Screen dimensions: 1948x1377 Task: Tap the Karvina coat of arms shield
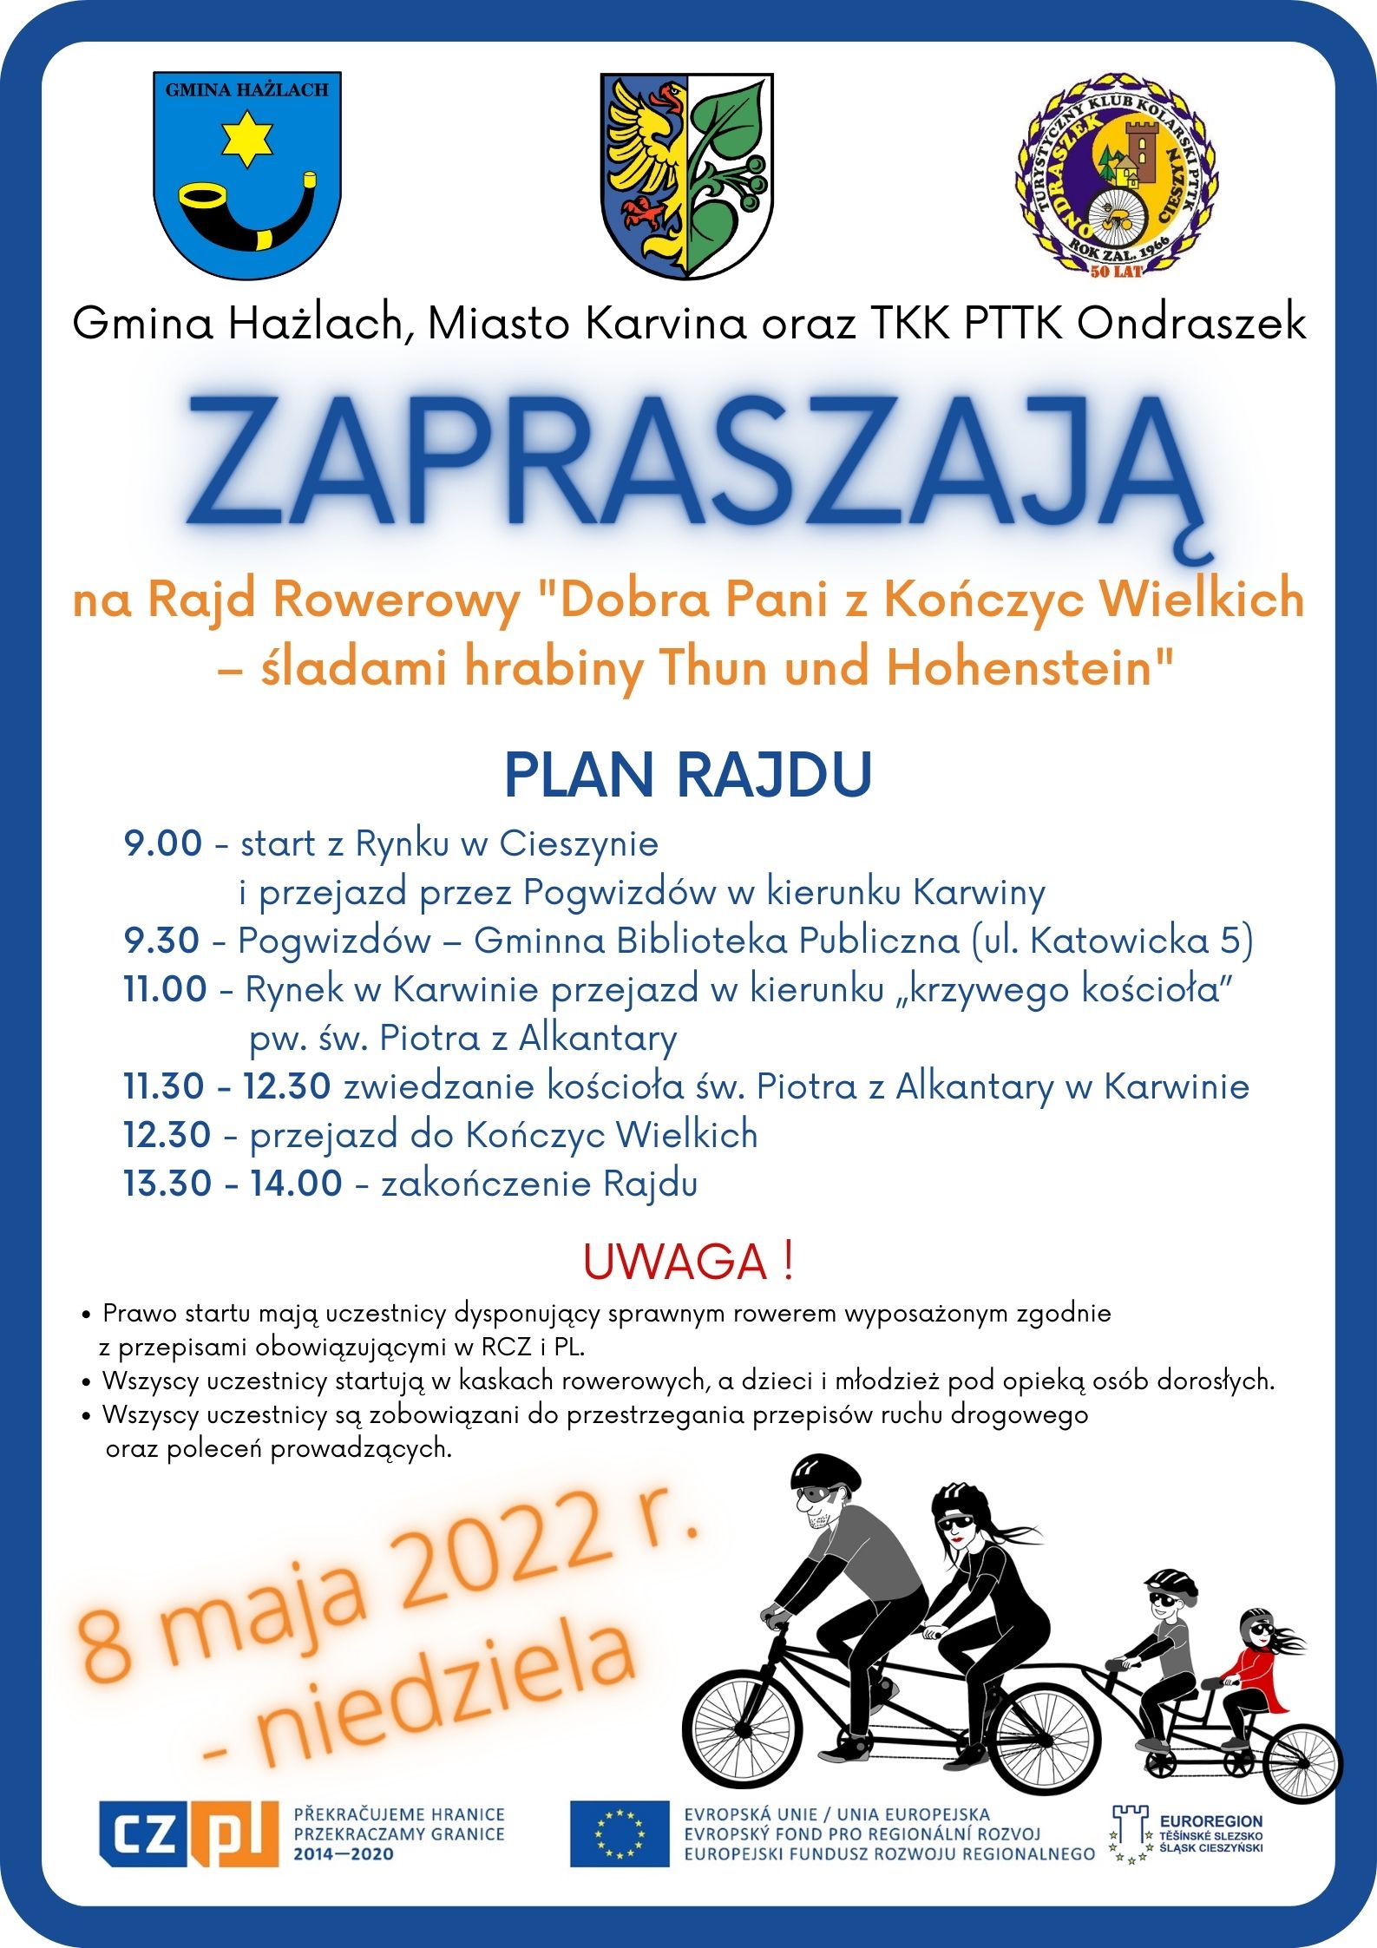pyautogui.click(x=686, y=175)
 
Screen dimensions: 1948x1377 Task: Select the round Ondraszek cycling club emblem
pyautogui.click(x=1116, y=177)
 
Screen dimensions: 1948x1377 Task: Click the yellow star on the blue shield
pyautogui.click(x=247, y=138)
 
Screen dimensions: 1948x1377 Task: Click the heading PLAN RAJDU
pyautogui.click(x=688, y=775)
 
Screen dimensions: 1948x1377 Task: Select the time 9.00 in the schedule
pyautogui.click(x=162, y=843)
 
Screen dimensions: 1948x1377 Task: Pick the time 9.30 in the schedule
pyautogui.click(x=161, y=941)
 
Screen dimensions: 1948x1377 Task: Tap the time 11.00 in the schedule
pyautogui.click(x=165, y=989)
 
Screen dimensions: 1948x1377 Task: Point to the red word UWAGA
pyautogui.click(x=676, y=1263)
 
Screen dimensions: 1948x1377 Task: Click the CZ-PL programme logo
pyautogui.click(x=188, y=1833)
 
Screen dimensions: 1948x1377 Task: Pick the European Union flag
pyautogui.click(x=620, y=1833)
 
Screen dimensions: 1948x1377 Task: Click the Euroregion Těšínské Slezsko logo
pyautogui.click(x=1188, y=1833)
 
